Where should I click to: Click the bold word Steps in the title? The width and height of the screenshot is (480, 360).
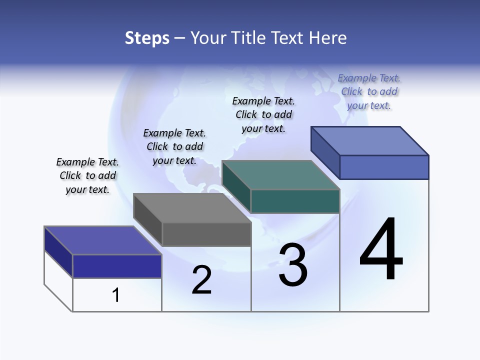pos(147,38)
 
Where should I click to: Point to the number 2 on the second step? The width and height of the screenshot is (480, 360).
pos(201,279)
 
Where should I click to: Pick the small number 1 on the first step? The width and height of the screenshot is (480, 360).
pos(116,295)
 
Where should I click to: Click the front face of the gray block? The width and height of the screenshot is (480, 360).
pos(206,234)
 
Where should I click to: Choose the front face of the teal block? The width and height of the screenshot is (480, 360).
pos(295,201)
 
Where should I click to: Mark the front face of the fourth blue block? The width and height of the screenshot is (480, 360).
pos(384,167)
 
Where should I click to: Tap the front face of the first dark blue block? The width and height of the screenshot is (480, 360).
pos(117,266)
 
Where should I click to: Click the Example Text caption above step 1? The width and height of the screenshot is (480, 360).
pos(87,175)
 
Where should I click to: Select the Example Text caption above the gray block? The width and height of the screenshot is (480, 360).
pos(174,146)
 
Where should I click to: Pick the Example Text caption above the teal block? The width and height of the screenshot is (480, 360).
pos(263,114)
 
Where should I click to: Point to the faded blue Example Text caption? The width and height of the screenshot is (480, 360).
pos(369,91)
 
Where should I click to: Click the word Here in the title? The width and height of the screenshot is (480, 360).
pos(328,38)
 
